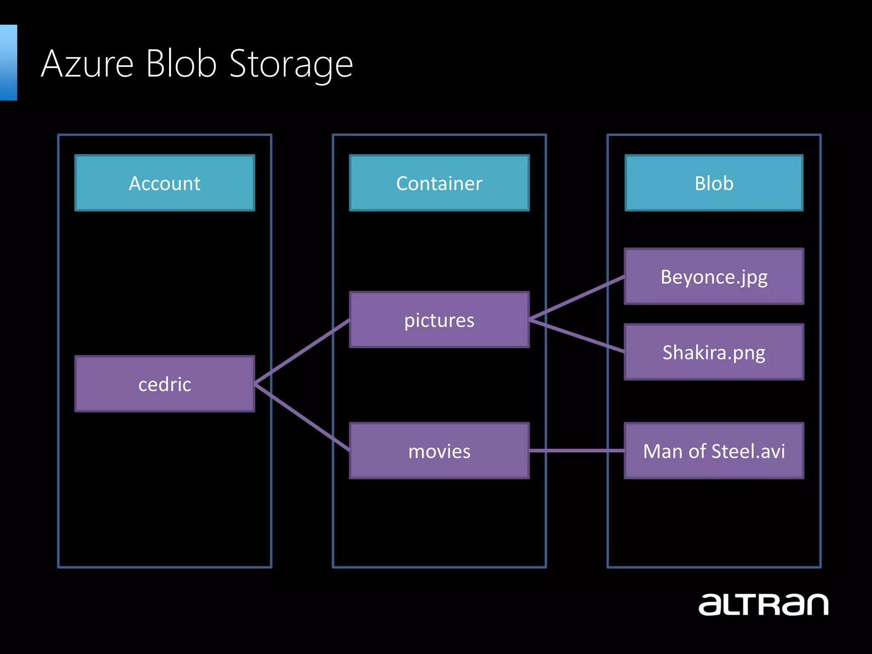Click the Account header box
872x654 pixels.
(x=165, y=183)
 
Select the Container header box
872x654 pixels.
(x=439, y=183)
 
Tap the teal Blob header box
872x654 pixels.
(x=714, y=183)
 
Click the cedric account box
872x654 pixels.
(x=165, y=384)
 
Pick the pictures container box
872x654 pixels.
(x=439, y=320)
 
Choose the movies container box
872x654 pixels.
(x=439, y=451)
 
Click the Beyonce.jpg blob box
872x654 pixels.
(x=714, y=277)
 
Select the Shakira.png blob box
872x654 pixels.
(x=714, y=352)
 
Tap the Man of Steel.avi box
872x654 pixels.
(x=714, y=451)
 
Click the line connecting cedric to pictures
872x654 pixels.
(x=302, y=352)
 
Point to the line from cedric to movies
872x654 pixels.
(x=302, y=417)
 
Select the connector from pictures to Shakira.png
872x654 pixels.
(x=577, y=336)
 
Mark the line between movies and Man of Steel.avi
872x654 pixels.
(x=577, y=450)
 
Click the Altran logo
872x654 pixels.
(x=763, y=605)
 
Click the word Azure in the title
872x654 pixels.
(x=87, y=64)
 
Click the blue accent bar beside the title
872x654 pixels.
(x=8, y=63)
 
